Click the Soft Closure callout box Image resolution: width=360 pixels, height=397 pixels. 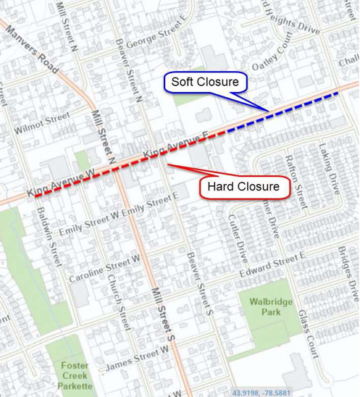[x=205, y=82]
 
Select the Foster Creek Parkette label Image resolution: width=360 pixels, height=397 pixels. [x=75, y=375]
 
